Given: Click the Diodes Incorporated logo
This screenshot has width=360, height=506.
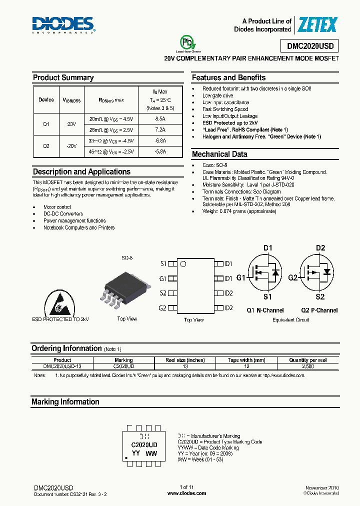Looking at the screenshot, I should click(63, 24).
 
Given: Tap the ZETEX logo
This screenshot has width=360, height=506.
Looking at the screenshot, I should click(317, 24).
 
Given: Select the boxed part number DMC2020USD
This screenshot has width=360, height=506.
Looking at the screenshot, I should click(313, 46).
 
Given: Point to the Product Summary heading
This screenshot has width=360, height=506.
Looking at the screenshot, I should click(63, 77).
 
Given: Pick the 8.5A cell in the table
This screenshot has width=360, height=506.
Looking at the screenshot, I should click(160, 119).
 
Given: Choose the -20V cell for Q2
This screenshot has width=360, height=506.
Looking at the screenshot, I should click(71, 146).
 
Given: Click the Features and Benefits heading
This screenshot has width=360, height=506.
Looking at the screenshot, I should click(228, 77).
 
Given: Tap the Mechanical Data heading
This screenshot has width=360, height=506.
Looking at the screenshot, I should click(219, 154).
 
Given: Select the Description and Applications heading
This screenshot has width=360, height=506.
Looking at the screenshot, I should click(81, 171).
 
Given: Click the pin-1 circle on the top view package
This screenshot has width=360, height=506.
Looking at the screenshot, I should click(183, 264).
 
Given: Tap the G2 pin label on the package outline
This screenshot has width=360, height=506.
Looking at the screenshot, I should click(163, 308).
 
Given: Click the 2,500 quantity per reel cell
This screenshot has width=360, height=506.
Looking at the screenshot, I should click(307, 366).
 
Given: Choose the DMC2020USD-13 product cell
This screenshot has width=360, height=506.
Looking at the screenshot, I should click(62, 366).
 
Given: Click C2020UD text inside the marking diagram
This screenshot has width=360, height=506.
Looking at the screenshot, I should click(144, 444).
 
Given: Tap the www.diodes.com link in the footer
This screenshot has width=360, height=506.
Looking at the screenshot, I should click(186, 493).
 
